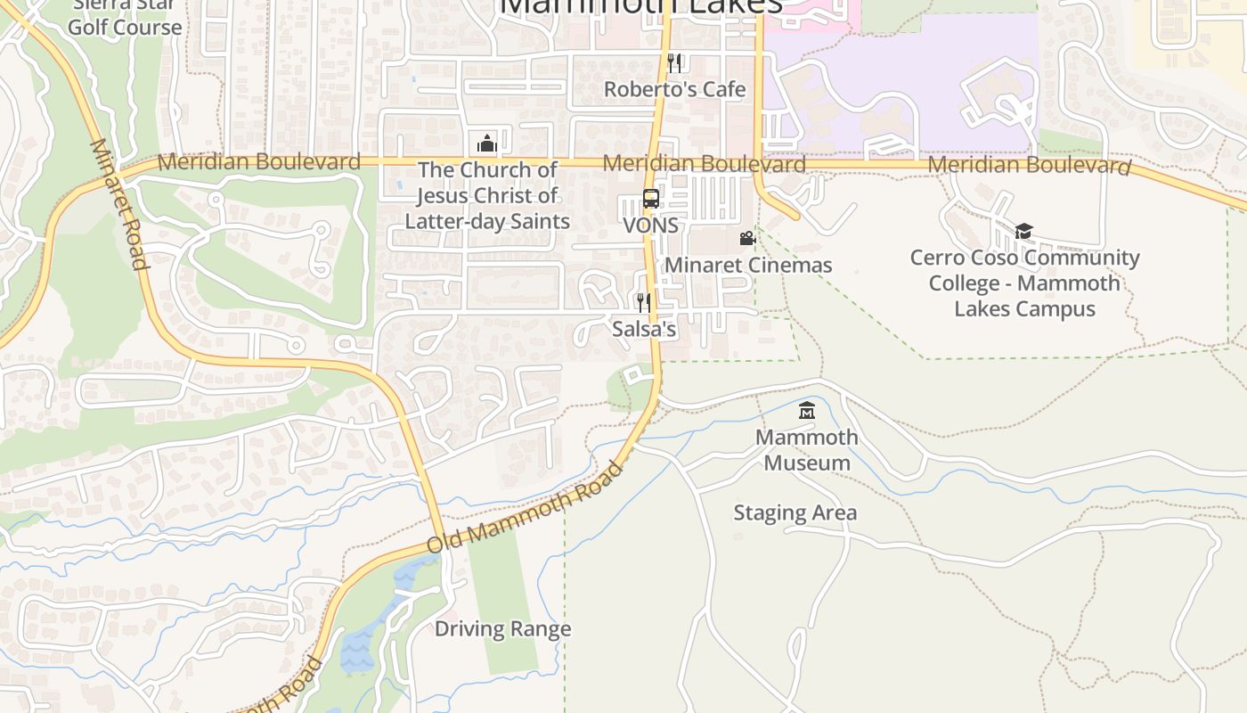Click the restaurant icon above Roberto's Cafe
coord(674,62)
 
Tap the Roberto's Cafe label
coord(674,89)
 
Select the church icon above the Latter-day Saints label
coord(486,143)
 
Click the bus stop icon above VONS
coord(651,199)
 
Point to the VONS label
coord(650,225)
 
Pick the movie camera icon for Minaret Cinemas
coord(747,239)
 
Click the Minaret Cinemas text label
coord(748,265)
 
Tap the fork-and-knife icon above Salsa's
coord(643,303)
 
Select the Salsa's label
coord(644,329)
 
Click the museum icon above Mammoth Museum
coord(807,411)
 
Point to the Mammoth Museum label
coord(807,450)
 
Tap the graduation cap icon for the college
coord(1023,232)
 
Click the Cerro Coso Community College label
coord(1024,283)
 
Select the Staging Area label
coord(795,512)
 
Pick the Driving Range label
coord(502,629)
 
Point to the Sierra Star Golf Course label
coord(124,18)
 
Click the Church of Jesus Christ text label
coord(487,195)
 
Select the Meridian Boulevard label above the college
coord(1029,165)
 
